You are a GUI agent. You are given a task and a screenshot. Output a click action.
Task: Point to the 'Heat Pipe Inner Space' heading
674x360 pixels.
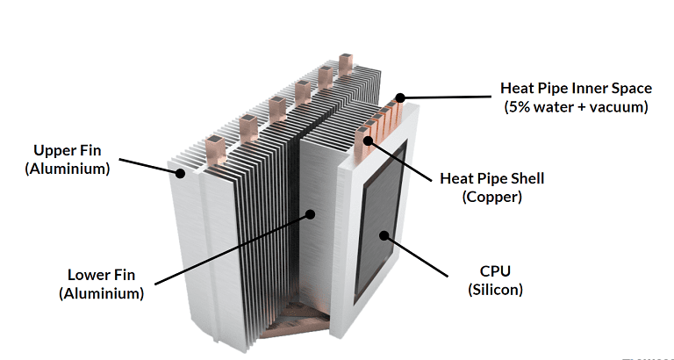tap(576, 88)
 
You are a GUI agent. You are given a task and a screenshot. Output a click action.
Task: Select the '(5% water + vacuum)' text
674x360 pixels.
tap(576, 107)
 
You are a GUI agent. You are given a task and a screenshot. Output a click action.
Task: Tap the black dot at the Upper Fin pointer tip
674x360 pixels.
tap(180, 174)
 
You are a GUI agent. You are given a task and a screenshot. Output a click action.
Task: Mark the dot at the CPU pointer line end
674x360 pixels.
tap(384, 236)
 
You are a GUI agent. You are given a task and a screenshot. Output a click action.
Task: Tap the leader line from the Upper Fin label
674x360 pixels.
tap(149, 167)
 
